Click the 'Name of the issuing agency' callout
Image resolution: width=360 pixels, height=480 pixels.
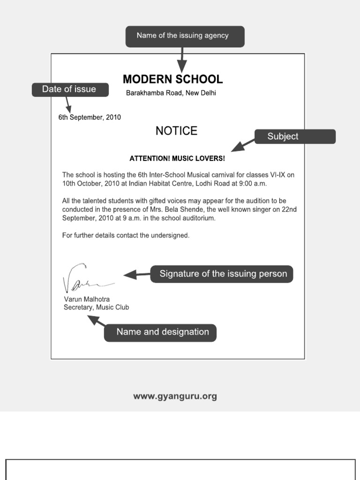pos(185,36)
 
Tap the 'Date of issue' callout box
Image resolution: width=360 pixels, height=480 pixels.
pos(70,90)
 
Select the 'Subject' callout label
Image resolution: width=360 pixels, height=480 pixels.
pos(294,136)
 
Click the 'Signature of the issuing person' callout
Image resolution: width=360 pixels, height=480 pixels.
pos(222,274)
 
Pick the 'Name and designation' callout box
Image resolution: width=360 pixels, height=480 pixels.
pos(160,332)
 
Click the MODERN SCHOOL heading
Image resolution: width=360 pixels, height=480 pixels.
pos(172,79)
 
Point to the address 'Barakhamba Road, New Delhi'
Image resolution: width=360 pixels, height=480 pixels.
pos(171,93)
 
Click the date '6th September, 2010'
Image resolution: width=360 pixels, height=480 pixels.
pos(90,117)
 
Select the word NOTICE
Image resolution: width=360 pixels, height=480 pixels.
pos(176,131)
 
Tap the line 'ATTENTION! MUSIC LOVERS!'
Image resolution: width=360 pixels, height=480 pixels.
pos(177,158)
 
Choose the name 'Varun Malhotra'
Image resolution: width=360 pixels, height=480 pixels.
pos(87,299)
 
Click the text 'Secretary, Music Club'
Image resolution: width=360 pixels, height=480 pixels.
pos(96,307)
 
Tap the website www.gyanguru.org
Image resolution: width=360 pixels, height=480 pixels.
pos(175,397)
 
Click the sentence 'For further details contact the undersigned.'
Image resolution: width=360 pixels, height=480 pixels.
pos(126,235)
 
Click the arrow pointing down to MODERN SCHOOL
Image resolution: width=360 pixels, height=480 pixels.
pos(181,59)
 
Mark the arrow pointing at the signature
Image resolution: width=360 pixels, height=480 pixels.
pos(136,275)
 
